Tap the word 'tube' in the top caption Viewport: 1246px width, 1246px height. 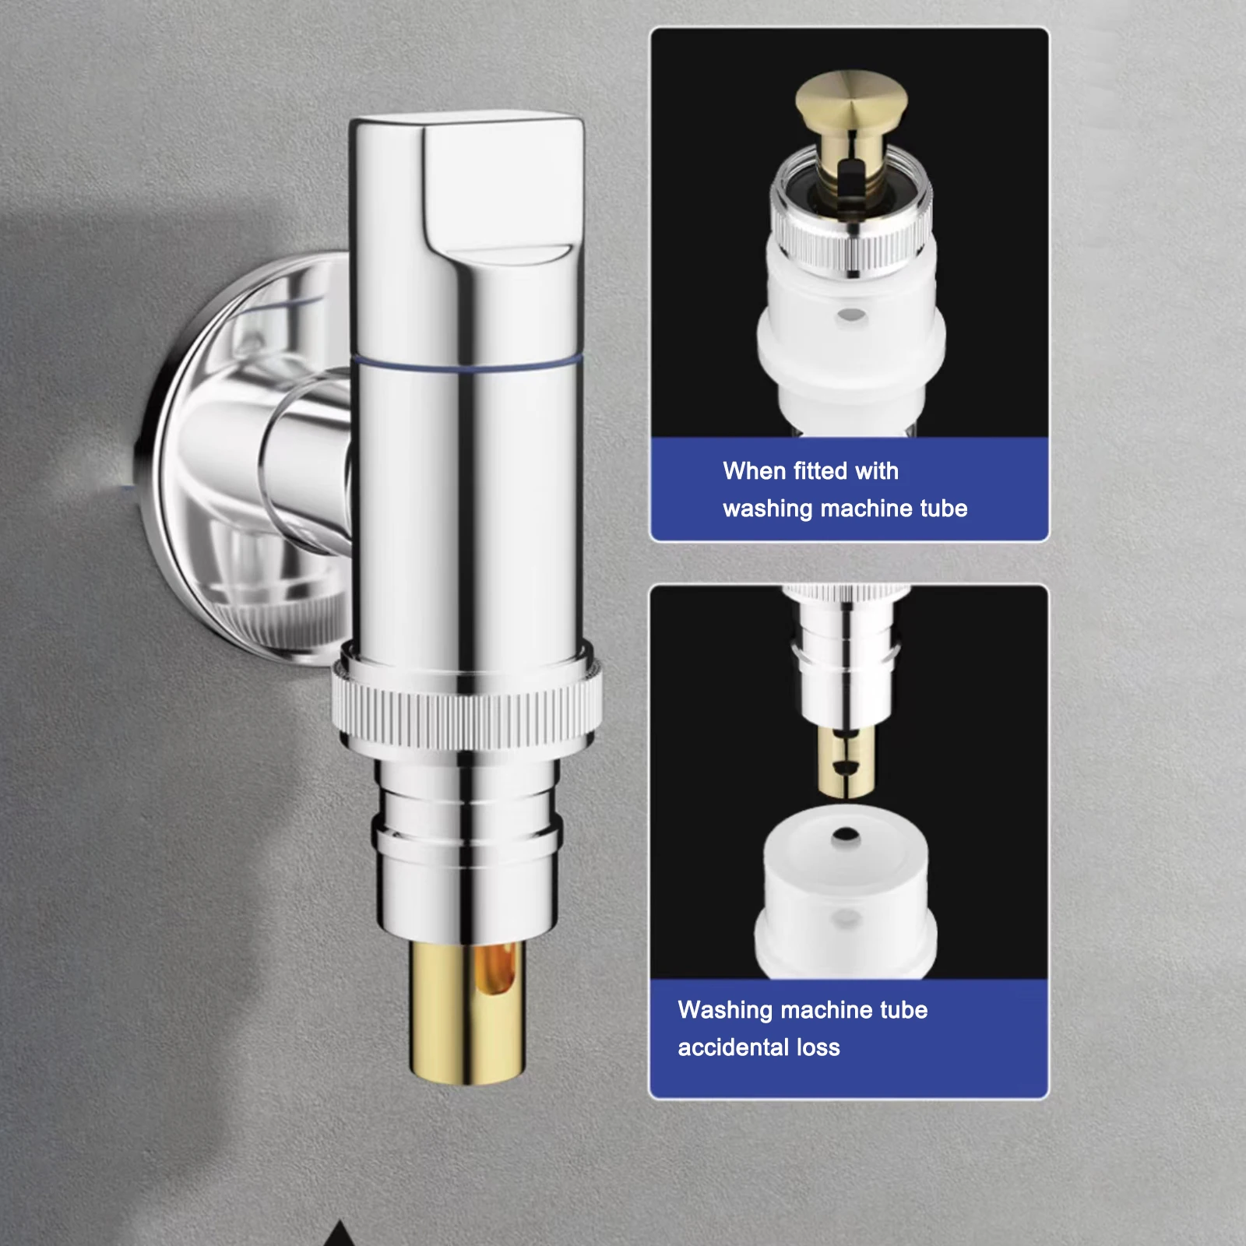coord(944,509)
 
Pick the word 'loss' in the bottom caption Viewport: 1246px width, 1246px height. coord(818,1047)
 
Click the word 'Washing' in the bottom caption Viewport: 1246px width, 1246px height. coord(725,1010)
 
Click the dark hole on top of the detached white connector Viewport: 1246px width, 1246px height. coord(846,836)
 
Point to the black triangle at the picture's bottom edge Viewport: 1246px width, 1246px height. coord(339,1235)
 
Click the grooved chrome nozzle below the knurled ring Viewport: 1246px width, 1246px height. coord(467,841)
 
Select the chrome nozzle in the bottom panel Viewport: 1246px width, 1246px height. coord(846,662)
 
